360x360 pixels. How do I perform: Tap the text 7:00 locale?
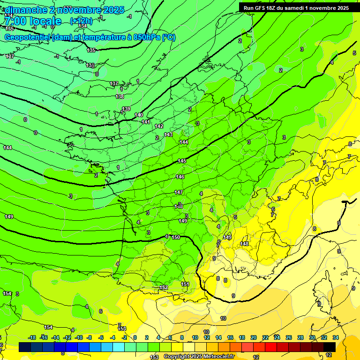(33, 21)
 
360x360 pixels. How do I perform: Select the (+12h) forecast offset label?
(81, 21)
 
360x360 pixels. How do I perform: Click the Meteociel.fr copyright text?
(199, 357)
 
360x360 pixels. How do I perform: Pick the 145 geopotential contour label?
(182, 161)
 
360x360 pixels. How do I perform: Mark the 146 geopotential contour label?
(180, 177)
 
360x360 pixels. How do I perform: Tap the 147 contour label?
(179, 192)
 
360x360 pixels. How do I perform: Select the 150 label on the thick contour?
(176, 237)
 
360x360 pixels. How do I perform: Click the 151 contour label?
(185, 284)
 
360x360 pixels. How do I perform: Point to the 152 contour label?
(164, 287)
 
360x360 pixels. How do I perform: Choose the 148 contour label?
(244, 244)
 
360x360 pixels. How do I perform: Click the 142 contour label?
(159, 126)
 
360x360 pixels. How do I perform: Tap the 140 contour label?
(139, 115)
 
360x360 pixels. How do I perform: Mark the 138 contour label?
(120, 97)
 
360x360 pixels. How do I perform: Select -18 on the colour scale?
(32, 337)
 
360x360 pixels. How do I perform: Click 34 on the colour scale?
(336, 337)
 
